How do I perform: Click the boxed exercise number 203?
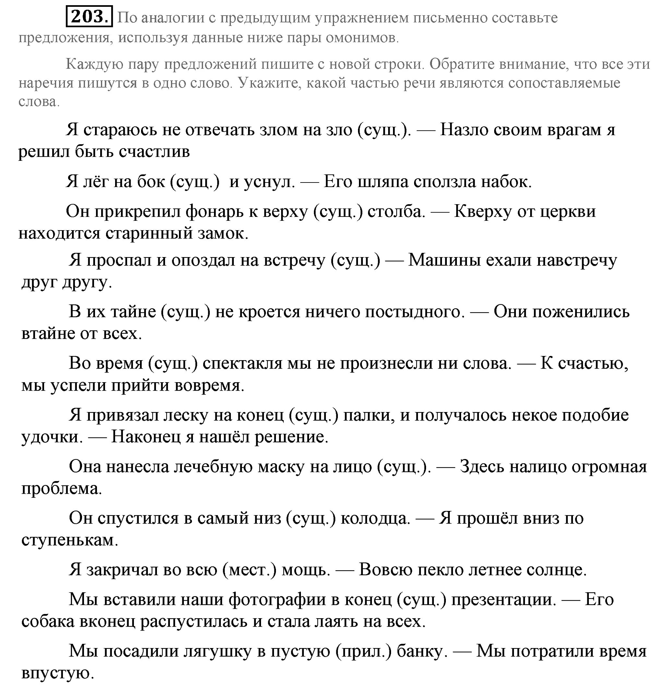point(89,17)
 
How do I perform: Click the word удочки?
point(52,437)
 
